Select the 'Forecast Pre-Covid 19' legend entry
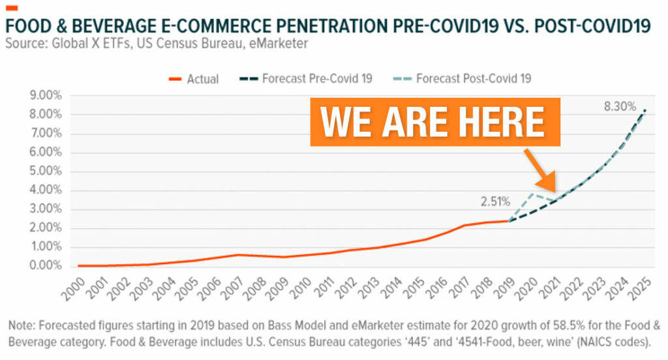click(317, 79)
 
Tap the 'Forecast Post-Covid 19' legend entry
click(473, 79)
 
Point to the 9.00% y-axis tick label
click(45, 96)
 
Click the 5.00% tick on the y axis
click(45, 172)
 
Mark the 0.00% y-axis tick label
click(45, 266)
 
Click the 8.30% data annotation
click(619, 106)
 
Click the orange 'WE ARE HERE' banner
click(435, 121)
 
